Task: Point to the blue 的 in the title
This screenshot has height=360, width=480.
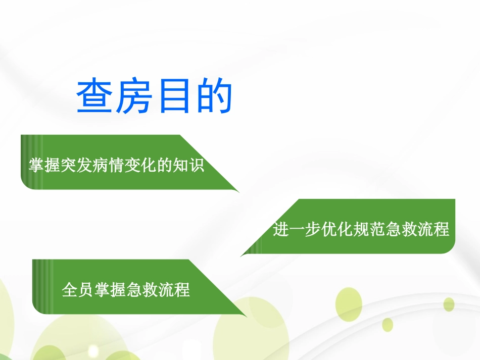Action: [213, 96]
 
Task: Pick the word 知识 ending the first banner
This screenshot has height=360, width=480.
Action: [190, 165]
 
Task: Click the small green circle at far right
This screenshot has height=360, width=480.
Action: [449, 304]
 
